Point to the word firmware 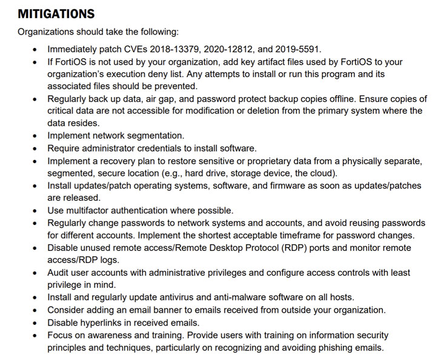point(298,185)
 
